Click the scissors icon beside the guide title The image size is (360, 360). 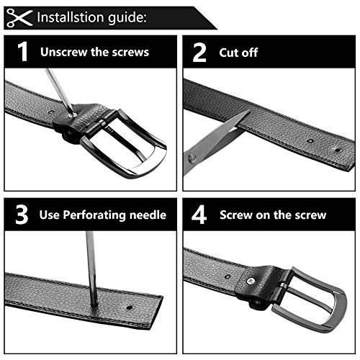[x=19, y=17]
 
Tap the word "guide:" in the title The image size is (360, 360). [x=127, y=18]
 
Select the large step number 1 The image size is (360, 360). [x=23, y=52]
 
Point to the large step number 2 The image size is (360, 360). [x=199, y=52]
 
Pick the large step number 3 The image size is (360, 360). [x=22, y=215]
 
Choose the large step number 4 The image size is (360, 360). [x=199, y=215]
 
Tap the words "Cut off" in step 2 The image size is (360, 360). [x=238, y=53]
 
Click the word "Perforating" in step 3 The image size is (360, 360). [x=94, y=215]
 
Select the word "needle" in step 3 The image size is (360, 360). [x=148, y=215]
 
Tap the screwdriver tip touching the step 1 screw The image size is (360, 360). [x=71, y=114]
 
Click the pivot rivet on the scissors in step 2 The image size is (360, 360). [x=192, y=158]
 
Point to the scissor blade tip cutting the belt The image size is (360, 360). [x=249, y=111]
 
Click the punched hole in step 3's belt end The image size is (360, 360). [x=129, y=307]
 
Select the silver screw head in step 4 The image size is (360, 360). [x=251, y=281]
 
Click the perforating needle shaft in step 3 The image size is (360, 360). [x=91, y=268]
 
